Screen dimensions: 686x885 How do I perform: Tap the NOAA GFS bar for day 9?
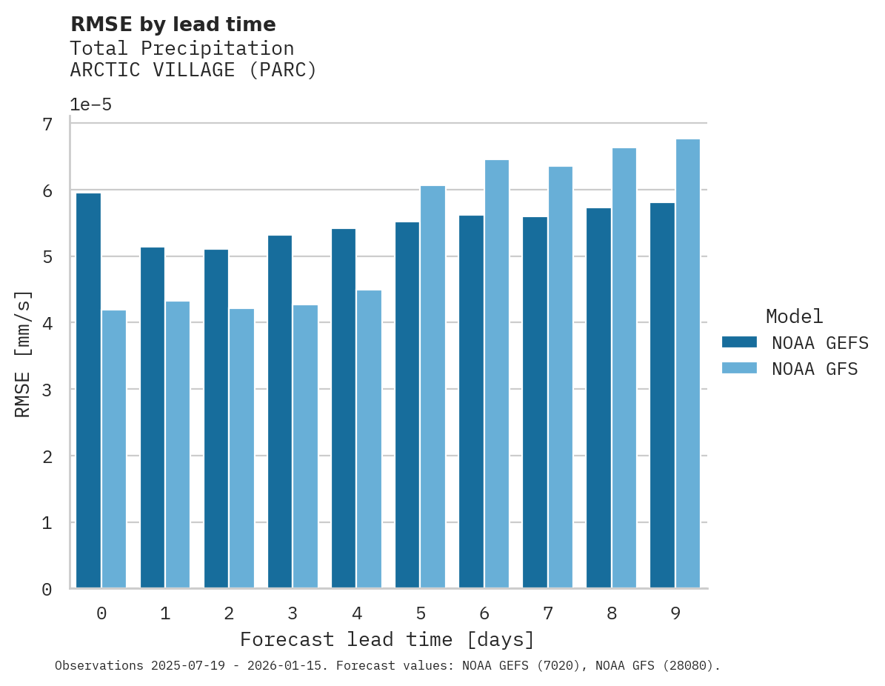coord(688,364)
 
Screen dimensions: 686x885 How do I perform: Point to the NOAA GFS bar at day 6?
coord(496,374)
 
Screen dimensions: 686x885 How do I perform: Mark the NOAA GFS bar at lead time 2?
coord(241,448)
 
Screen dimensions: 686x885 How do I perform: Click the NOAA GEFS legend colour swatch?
coord(739,342)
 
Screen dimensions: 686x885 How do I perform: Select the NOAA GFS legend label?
coord(815,369)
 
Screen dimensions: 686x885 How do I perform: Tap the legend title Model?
coord(794,317)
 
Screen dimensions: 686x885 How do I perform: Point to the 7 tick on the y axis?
coord(47,124)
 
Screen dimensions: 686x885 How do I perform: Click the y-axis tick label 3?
coord(47,390)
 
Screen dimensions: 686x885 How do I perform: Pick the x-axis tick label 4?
coord(357,614)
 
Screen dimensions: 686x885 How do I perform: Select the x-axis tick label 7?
coord(548,614)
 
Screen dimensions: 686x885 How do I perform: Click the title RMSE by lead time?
coord(173,24)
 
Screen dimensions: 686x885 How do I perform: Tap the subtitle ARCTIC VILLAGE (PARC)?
coord(193,70)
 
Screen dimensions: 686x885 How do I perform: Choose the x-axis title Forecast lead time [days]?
coord(387,639)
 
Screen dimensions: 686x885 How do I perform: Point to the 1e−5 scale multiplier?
coord(90,105)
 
